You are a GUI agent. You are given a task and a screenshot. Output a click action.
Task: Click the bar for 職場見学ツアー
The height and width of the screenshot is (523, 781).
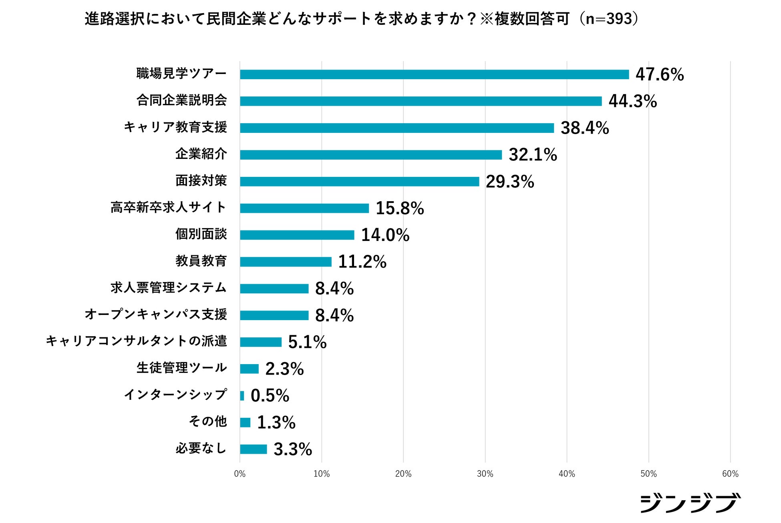click(x=434, y=74)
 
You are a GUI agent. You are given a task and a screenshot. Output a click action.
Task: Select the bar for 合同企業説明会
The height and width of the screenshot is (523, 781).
click(x=421, y=101)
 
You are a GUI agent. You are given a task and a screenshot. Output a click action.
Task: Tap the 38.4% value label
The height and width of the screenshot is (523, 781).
click(x=584, y=128)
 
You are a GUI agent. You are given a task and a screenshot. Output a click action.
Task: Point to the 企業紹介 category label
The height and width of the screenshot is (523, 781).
click(x=201, y=154)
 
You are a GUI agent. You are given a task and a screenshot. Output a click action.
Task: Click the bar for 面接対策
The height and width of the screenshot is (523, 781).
click(x=359, y=182)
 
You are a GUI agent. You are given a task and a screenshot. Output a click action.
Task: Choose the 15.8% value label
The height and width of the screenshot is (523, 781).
click(x=399, y=208)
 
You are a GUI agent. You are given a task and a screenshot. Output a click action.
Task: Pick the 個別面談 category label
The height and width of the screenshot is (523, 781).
click(x=201, y=234)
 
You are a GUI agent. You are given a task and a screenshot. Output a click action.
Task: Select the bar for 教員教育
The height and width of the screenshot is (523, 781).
click(x=286, y=262)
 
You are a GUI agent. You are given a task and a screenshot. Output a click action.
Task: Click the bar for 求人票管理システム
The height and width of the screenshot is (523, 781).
click(x=274, y=289)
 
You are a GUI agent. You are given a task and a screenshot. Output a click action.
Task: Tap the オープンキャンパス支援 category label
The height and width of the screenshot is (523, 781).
click(x=156, y=315)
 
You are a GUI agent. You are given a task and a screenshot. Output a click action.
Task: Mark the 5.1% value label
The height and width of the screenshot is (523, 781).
click(x=307, y=342)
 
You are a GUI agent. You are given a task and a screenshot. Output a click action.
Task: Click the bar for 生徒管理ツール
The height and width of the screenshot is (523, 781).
click(x=249, y=369)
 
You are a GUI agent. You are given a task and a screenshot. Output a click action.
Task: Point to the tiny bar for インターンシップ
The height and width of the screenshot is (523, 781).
click(x=242, y=396)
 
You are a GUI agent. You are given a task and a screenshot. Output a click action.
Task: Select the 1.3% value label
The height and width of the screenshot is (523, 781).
click(x=276, y=423)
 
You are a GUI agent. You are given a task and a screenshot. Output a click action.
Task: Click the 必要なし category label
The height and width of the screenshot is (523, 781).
click(x=201, y=448)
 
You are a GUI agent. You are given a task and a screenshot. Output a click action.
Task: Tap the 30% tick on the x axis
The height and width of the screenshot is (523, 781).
click(x=485, y=474)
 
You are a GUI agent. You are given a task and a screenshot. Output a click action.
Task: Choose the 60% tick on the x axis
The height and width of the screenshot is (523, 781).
click(x=730, y=474)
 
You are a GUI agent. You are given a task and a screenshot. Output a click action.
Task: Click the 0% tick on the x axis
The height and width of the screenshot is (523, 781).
click(x=240, y=474)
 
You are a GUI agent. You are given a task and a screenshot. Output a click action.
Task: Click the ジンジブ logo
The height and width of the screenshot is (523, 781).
click(x=690, y=503)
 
